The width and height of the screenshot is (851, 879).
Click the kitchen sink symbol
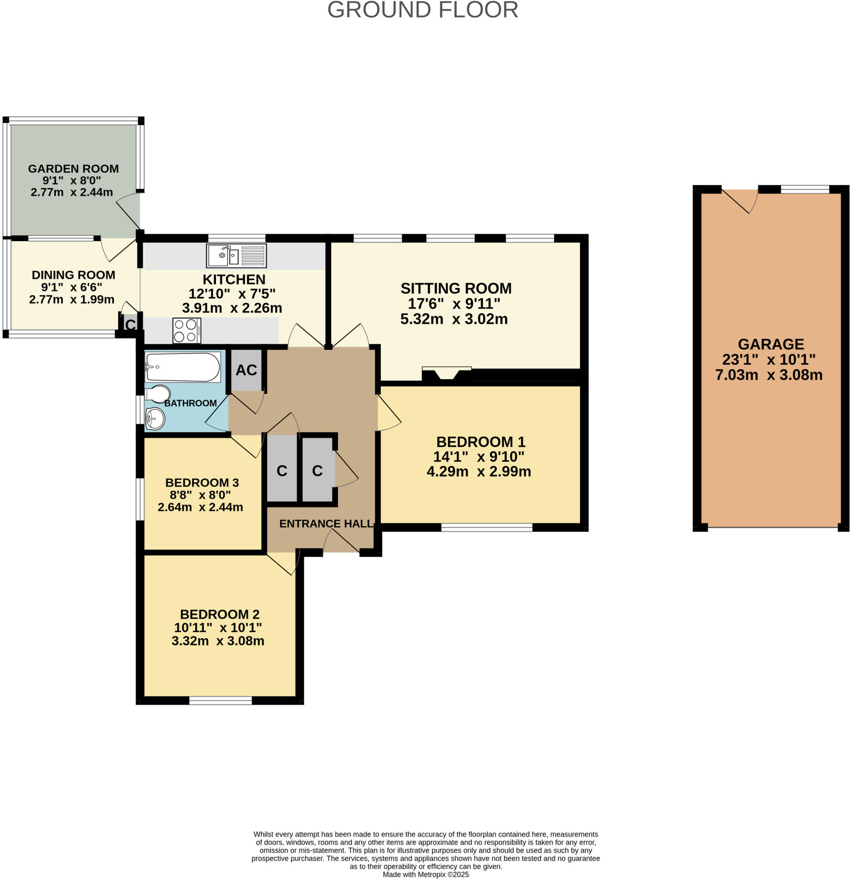236,256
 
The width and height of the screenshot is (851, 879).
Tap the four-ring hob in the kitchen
187,330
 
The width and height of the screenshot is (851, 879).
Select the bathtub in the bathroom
182,367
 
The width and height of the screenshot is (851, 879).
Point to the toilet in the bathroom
158,394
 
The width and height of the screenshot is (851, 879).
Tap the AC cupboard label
246,370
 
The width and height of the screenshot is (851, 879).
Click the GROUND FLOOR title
422,10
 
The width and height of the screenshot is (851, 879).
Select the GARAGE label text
770,344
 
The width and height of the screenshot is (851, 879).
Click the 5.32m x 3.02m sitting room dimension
453,319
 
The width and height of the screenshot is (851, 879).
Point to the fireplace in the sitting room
447,373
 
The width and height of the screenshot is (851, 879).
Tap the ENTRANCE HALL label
326,523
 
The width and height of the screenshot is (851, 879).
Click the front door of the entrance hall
341,542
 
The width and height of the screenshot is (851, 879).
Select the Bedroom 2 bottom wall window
220,700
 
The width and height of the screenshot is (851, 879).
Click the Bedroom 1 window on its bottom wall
486,528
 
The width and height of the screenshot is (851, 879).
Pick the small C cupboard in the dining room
130,324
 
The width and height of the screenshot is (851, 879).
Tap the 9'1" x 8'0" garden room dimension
72,180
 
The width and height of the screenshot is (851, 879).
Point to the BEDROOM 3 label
202,482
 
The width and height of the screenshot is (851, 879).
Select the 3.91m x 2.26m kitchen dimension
232,308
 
